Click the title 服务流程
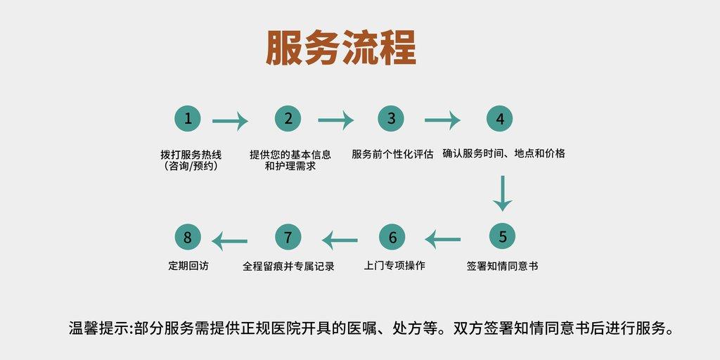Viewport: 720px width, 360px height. pos(341,49)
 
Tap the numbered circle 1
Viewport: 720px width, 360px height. pos(188,119)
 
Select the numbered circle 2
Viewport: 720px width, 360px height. pos(288,119)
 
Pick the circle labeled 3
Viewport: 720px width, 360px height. pos(391,119)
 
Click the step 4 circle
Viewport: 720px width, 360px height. pos(500,119)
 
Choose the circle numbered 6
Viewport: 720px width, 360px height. pos(392,238)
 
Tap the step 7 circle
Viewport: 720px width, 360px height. pos(288,237)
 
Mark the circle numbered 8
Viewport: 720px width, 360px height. pos(188,238)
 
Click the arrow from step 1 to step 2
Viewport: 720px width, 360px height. pos(230,121)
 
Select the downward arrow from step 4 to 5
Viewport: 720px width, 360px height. pos(502,193)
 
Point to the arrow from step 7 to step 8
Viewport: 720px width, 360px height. pos(230,242)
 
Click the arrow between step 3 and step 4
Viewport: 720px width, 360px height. pos(442,121)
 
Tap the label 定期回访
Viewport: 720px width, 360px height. pos(188,266)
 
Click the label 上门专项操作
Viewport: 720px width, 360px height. pos(394,266)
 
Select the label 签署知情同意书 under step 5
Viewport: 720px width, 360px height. pos(502,266)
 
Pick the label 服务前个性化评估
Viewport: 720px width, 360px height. pos(392,154)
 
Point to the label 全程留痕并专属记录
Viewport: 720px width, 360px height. pos(288,266)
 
